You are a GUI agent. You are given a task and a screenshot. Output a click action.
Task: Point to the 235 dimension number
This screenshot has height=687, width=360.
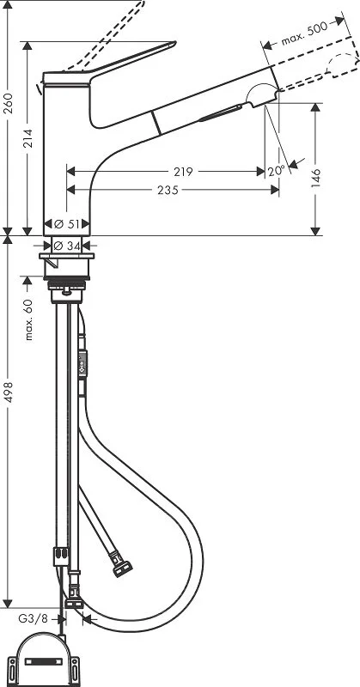click(x=168, y=191)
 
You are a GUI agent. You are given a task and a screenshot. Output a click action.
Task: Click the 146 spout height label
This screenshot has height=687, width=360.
click(x=316, y=177)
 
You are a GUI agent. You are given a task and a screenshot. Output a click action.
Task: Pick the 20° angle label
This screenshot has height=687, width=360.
click(x=275, y=171)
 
